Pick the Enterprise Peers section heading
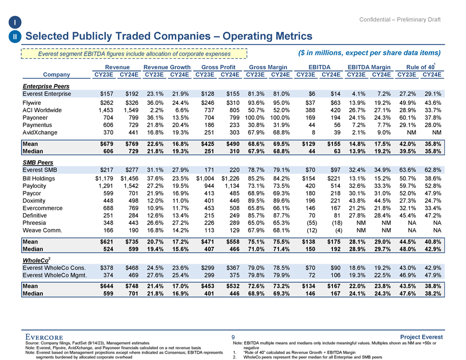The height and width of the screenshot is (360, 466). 44,85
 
